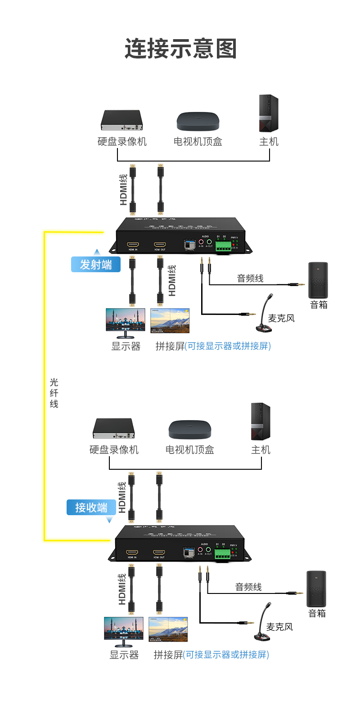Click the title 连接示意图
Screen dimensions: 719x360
180,49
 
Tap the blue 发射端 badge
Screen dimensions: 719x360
96,265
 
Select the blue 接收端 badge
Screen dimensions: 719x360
91,508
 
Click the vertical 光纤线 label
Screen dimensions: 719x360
54,393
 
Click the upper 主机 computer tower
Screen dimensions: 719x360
269,113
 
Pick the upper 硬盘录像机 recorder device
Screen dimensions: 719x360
121,120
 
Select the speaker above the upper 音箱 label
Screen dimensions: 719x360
318,280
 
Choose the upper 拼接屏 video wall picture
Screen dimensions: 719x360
170,321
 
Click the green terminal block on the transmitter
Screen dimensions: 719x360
223,246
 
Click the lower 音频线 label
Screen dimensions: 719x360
248,587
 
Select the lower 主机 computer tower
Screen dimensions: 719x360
261,422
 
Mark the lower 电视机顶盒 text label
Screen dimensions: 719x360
190,449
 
